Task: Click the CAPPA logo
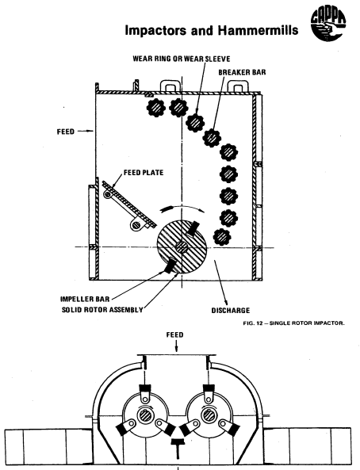point(328,25)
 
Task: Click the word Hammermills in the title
point(258,30)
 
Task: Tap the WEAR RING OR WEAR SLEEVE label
point(182,59)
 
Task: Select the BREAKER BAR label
point(242,72)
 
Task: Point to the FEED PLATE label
point(144,173)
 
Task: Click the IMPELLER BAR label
point(85,299)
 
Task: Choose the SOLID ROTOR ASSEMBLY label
point(102,310)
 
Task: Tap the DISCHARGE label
point(231,310)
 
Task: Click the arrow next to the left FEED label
point(87,131)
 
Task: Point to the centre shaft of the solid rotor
point(182,247)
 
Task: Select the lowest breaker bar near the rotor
point(222,237)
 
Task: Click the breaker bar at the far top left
point(156,108)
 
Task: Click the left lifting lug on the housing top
point(171,85)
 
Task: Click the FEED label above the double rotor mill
point(175,334)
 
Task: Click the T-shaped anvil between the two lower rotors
point(178,448)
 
